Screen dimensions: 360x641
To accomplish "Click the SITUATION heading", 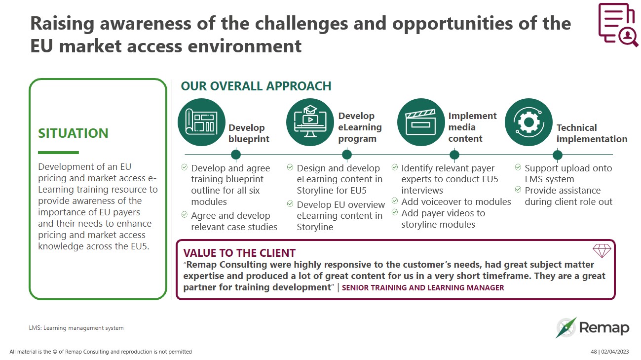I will (73, 133).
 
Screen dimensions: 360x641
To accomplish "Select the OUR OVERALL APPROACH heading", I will (256, 86).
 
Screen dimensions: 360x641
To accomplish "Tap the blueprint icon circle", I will (201, 122).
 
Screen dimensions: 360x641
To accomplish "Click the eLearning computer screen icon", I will (310, 122).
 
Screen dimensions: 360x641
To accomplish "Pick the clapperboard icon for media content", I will (420, 122).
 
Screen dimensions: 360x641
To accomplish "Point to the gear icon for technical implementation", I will (528, 122).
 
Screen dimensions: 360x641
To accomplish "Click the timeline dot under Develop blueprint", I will (236, 155).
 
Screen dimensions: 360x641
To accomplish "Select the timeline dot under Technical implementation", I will (558, 155).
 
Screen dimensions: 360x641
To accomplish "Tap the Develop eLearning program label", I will (360, 127).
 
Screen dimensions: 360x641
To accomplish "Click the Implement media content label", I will (472, 127).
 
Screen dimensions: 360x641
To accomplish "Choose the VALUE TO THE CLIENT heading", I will (239, 253).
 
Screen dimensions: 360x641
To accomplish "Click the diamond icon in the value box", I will (602, 251).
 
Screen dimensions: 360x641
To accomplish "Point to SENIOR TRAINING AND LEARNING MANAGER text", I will (423, 287).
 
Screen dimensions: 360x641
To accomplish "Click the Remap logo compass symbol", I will (566, 327).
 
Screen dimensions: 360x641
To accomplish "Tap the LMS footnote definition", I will (76, 328).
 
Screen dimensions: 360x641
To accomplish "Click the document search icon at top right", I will (617, 25).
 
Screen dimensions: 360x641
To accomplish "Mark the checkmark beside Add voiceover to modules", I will (395, 201).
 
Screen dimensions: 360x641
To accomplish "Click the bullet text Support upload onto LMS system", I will (568, 173).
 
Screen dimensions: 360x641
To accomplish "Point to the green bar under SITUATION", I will (58, 153).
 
